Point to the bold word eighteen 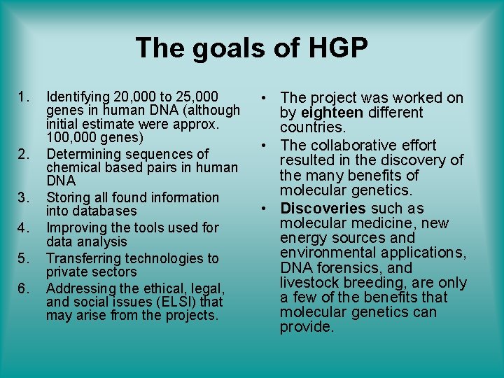(x=332, y=113)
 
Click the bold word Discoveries (x=323, y=209)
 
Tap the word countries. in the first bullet (x=313, y=128)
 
